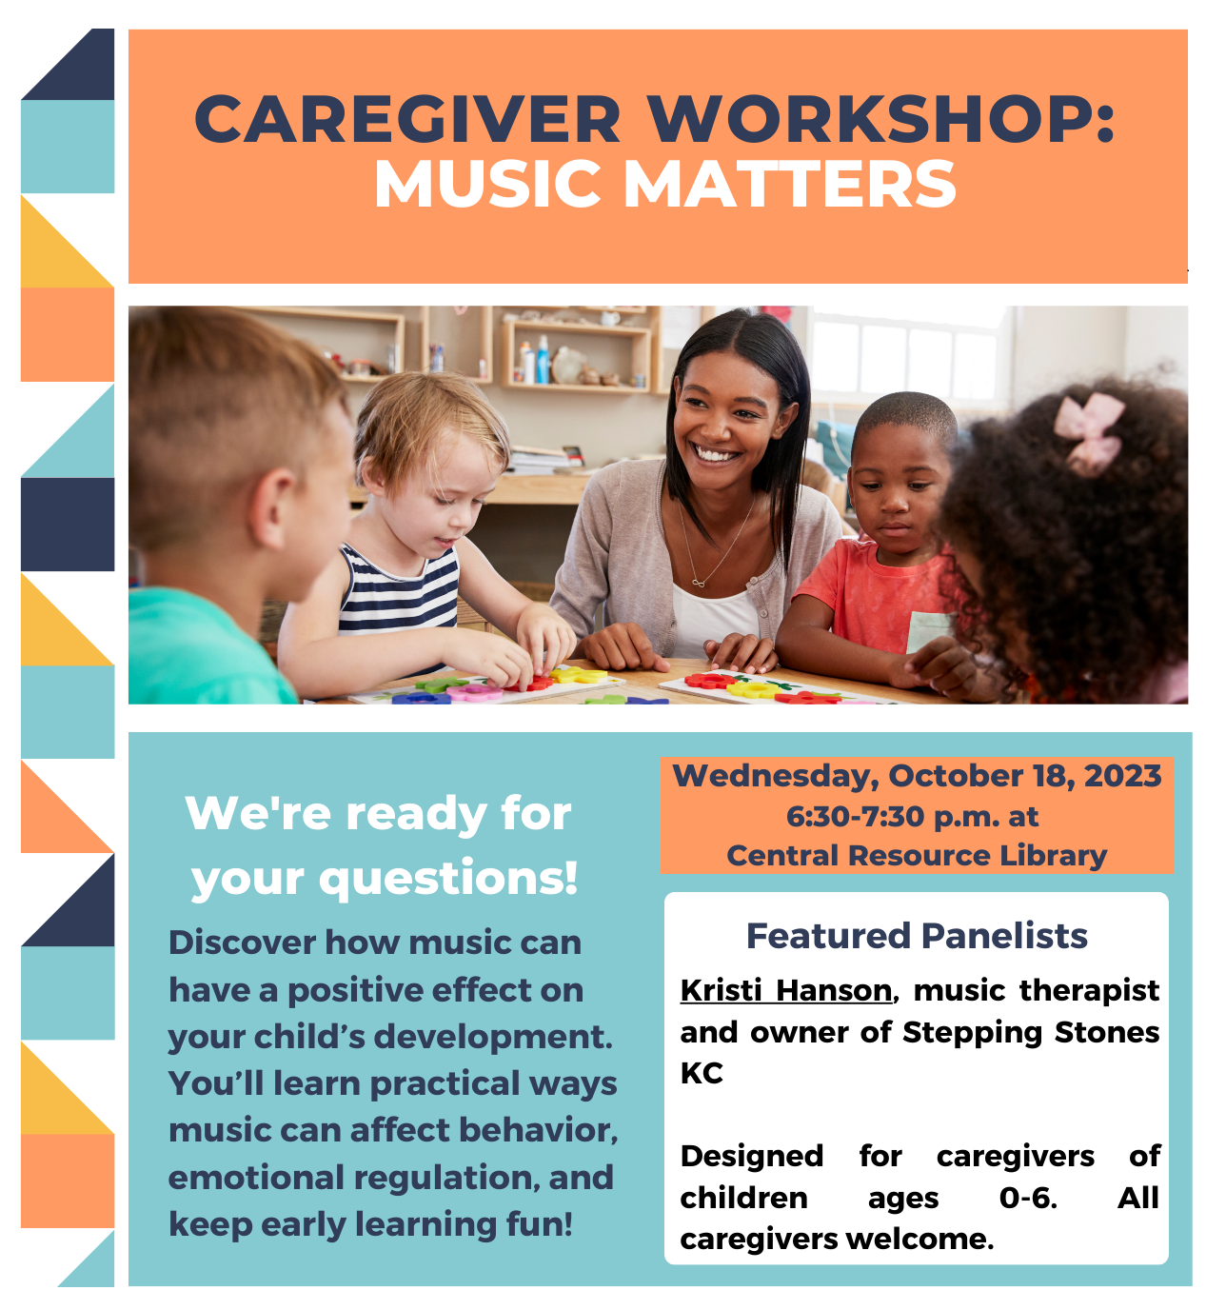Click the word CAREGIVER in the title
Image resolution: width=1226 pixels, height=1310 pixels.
click(x=407, y=119)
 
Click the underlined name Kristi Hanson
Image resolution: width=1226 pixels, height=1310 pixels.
click(x=785, y=991)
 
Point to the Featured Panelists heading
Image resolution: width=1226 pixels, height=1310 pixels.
click(x=917, y=936)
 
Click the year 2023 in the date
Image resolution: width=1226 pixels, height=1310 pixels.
click(x=1122, y=776)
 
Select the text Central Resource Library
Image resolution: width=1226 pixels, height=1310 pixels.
click(x=917, y=856)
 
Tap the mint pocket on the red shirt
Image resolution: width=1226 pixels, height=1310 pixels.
click(x=929, y=632)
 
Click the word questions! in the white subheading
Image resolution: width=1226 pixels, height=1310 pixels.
click(x=448, y=879)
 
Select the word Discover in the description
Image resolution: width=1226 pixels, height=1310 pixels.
click(x=242, y=943)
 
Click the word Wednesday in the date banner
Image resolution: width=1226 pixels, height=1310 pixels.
click(x=776, y=777)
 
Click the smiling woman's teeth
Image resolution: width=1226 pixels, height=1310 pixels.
click(x=716, y=454)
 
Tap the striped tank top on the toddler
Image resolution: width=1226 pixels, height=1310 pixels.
click(x=398, y=590)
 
